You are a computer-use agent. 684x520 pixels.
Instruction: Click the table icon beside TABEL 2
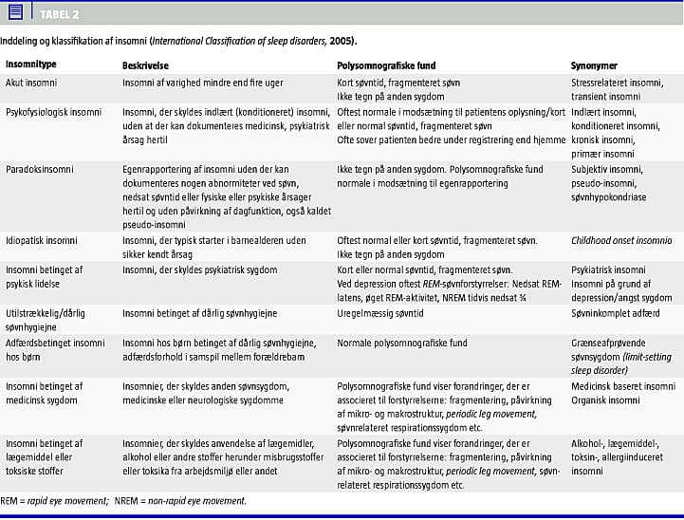(x=15, y=12)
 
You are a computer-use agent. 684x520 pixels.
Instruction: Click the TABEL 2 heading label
(x=59, y=13)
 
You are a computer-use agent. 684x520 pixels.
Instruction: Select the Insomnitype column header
(x=31, y=65)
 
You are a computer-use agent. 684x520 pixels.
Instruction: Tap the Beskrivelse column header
(x=146, y=65)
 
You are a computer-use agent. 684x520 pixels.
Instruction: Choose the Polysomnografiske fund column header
(x=386, y=65)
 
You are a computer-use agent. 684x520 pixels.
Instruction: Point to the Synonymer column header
(x=594, y=65)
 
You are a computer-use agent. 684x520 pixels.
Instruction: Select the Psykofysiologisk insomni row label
(x=53, y=112)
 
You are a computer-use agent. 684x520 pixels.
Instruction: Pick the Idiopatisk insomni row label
(x=42, y=241)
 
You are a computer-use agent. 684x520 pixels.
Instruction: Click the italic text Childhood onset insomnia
(x=620, y=241)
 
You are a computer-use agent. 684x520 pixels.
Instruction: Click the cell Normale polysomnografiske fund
(x=402, y=343)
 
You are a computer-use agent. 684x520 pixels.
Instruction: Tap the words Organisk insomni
(x=605, y=400)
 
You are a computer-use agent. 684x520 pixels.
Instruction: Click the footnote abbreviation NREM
(x=127, y=500)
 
